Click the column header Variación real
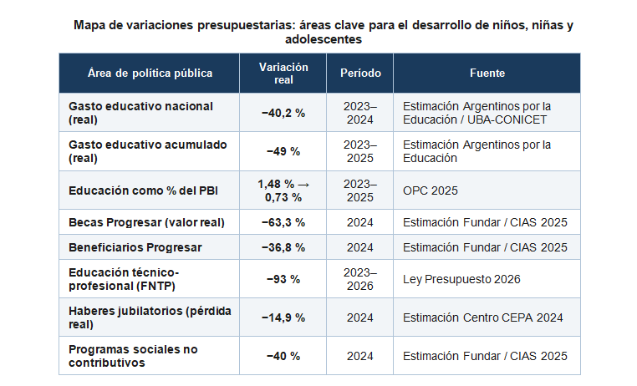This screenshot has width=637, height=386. click(x=283, y=74)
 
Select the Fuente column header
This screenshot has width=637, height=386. click(x=487, y=73)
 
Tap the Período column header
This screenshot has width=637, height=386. click(x=360, y=73)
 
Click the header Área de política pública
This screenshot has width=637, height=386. click(x=150, y=73)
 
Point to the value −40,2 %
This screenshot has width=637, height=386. click(x=283, y=114)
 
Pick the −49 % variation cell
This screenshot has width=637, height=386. click(x=283, y=152)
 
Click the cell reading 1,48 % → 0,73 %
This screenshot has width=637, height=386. click(x=283, y=190)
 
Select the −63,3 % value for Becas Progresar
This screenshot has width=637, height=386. click(x=283, y=222)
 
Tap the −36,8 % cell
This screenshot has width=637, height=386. click(x=283, y=247)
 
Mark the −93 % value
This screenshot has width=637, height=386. click(x=283, y=279)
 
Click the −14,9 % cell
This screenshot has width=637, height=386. click(x=283, y=317)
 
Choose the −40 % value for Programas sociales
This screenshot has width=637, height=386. click(x=283, y=357)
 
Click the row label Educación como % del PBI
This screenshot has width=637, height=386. click(x=143, y=190)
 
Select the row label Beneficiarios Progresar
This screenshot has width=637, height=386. click(x=135, y=247)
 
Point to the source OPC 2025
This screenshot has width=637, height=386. click(x=431, y=190)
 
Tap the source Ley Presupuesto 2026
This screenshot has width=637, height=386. click(x=461, y=279)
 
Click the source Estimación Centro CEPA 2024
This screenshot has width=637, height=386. click(x=482, y=317)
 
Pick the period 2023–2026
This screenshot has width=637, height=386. click(x=360, y=279)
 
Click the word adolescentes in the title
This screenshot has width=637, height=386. click(x=324, y=39)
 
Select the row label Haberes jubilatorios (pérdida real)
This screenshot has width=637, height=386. click(x=150, y=317)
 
